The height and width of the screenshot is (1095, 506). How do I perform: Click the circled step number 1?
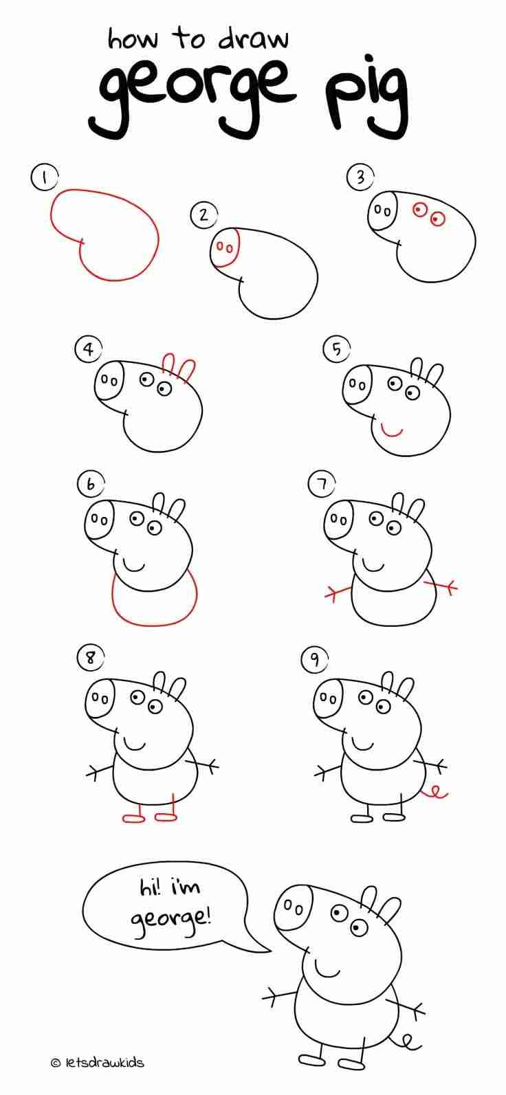pos(45,177)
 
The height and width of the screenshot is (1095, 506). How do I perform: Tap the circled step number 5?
pos(336,349)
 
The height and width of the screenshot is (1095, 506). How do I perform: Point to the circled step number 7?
pos(321,484)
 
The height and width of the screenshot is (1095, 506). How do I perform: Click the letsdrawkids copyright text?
pos(98,1061)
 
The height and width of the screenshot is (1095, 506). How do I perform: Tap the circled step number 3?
pos(360,177)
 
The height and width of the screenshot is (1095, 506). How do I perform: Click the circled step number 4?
pos(89,349)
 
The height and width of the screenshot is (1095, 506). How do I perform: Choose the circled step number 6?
pos(91,484)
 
